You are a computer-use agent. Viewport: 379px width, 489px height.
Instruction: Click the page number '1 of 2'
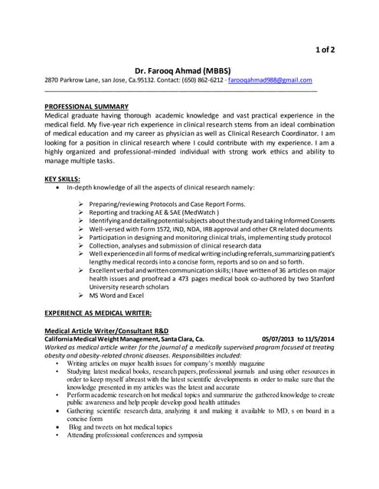[323, 50]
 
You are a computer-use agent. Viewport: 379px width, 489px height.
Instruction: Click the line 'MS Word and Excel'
[116, 295]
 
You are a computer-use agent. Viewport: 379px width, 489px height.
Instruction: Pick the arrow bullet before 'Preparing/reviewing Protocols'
[82, 205]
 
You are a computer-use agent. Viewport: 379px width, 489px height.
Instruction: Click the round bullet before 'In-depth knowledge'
[59, 187]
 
